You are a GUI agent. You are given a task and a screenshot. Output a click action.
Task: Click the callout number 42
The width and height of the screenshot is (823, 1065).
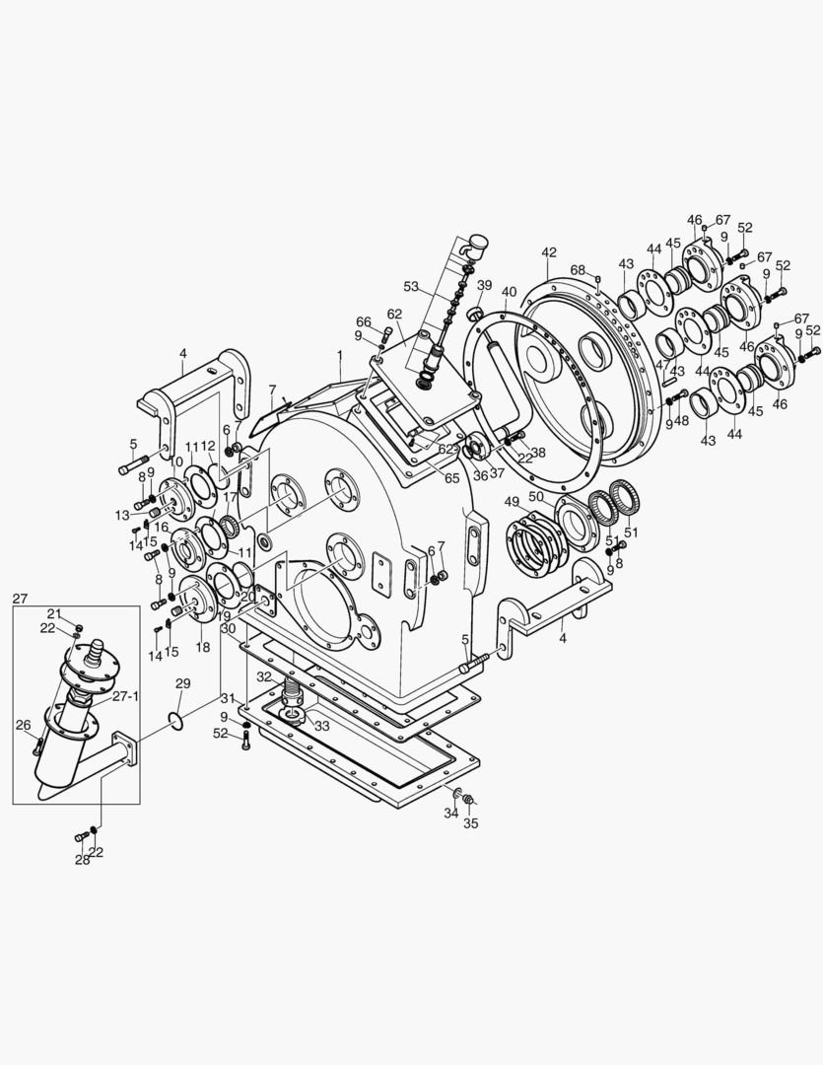tap(549, 252)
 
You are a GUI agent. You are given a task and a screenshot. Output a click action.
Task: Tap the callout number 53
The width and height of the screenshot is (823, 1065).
tap(411, 287)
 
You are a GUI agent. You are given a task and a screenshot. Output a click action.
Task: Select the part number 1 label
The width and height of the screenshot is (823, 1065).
tap(340, 354)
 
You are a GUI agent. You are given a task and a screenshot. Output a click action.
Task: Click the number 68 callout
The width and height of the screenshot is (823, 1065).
tap(578, 270)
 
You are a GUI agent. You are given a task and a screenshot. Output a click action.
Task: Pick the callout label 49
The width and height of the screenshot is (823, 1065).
tap(513, 502)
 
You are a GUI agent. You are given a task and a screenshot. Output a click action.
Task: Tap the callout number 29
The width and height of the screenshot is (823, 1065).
tap(182, 683)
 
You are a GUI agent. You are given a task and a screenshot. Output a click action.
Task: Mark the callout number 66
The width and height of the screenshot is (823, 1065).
tap(364, 321)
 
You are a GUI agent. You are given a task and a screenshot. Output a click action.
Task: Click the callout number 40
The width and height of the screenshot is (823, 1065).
tap(509, 292)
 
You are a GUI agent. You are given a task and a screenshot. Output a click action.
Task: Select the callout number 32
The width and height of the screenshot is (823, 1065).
tap(264, 677)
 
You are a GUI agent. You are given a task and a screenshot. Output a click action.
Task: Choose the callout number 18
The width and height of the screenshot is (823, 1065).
tap(203, 647)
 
